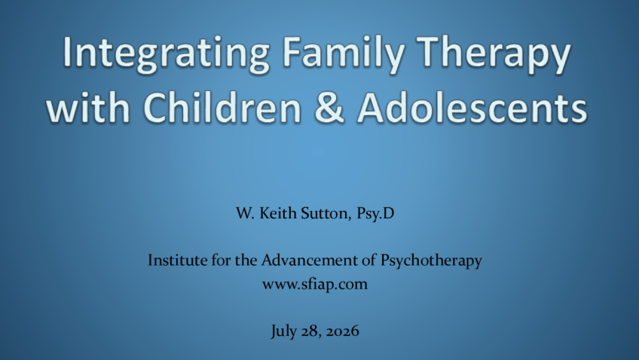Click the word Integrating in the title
[x=166, y=54]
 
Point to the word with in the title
[x=87, y=107]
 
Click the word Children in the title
[x=222, y=107]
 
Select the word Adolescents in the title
[x=472, y=107]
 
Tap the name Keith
[x=278, y=213]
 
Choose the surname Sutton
[x=326, y=213]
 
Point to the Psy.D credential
[x=375, y=213]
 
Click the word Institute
[x=177, y=260]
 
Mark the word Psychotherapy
[x=431, y=261]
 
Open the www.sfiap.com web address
[x=315, y=284]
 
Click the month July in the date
[x=283, y=331]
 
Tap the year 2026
[x=343, y=331]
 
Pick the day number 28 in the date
[x=311, y=331]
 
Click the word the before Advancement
[x=246, y=260]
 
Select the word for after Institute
[x=221, y=260]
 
